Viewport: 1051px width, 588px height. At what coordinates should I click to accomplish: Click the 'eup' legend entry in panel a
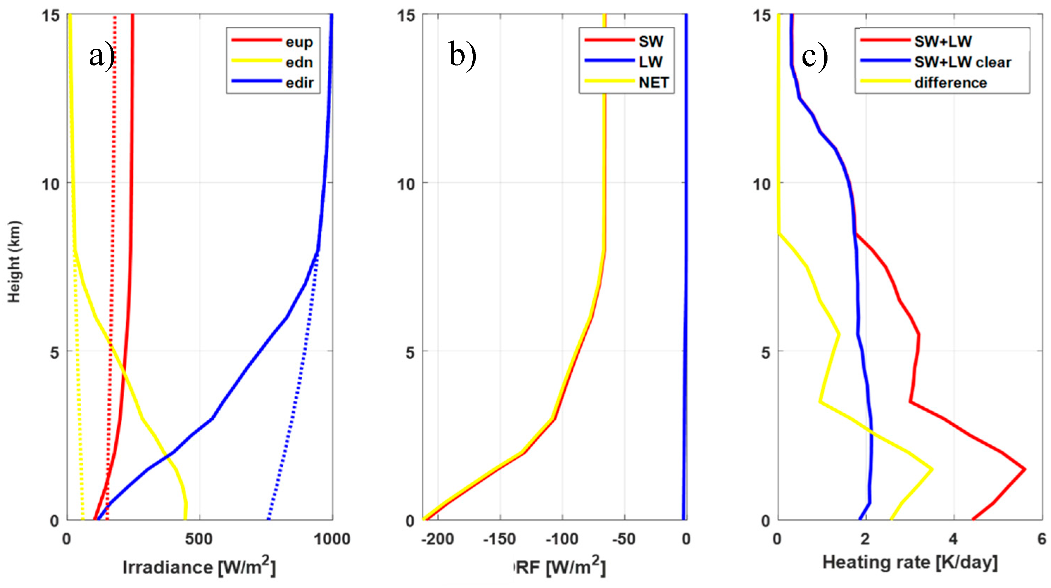click(x=299, y=42)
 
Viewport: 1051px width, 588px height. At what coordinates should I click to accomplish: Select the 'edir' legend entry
click(x=300, y=83)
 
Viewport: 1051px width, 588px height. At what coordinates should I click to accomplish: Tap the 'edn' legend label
click(x=299, y=62)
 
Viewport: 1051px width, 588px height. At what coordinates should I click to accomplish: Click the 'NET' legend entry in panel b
click(x=654, y=83)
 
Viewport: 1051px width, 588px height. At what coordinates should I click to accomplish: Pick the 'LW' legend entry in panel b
click(x=650, y=62)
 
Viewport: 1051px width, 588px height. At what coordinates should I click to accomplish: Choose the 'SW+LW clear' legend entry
click(x=962, y=62)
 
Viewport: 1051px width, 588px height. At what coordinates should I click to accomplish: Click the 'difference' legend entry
click(x=950, y=83)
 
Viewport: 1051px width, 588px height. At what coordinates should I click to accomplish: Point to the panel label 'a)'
click(x=101, y=56)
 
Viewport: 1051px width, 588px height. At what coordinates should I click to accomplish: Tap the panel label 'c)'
click(x=814, y=56)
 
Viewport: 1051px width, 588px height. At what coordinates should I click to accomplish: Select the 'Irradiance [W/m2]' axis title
click(x=199, y=567)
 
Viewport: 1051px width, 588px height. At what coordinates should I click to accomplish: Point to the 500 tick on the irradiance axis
click(x=199, y=539)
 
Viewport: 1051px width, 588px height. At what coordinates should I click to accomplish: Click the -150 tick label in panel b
click(x=499, y=539)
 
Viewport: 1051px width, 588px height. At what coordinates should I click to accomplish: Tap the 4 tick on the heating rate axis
click(x=953, y=539)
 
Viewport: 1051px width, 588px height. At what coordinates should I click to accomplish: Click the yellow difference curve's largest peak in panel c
click(x=932, y=469)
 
